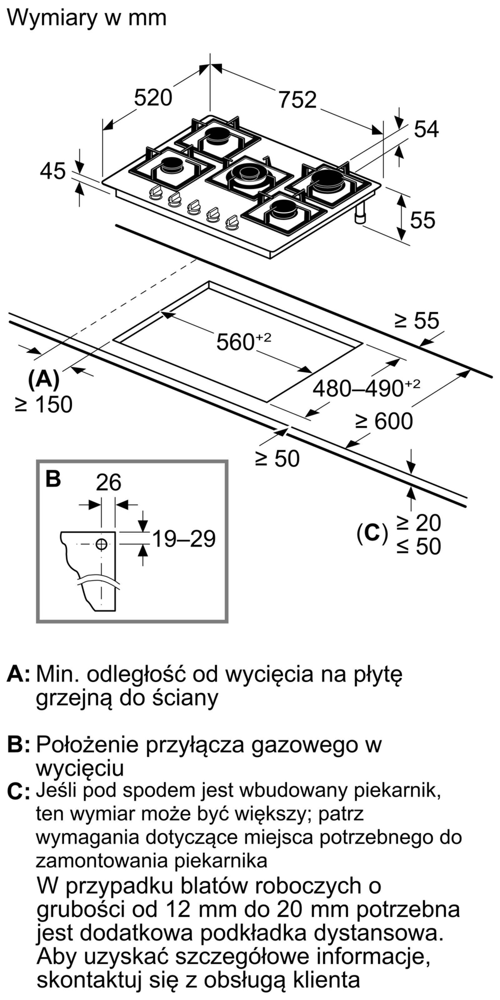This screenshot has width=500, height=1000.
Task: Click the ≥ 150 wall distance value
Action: click(43, 404)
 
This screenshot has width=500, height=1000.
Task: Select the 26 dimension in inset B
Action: click(109, 482)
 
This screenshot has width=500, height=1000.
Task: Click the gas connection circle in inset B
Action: click(101, 544)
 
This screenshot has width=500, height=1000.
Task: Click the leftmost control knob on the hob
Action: click(156, 192)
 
